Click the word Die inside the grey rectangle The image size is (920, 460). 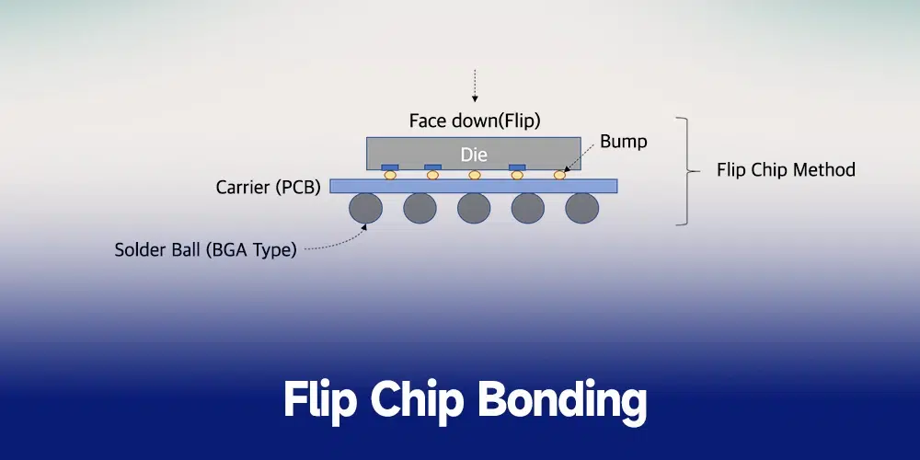[474, 154]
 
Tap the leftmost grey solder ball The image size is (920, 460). [366, 209]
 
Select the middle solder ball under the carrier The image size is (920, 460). [474, 209]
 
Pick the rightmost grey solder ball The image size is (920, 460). [581, 209]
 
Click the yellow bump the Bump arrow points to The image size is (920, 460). [558, 175]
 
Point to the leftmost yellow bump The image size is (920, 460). [390, 175]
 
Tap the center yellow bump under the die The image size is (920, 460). [475, 175]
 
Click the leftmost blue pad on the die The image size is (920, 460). [390, 167]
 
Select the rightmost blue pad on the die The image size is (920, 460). [517, 167]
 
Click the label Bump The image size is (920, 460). [623, 142]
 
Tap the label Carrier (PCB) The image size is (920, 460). [268, 188]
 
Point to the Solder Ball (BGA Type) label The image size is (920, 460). [205, 249]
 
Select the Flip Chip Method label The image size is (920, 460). [786, 170]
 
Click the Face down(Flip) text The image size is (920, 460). [474, 120]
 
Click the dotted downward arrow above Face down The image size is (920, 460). [474, 85]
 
